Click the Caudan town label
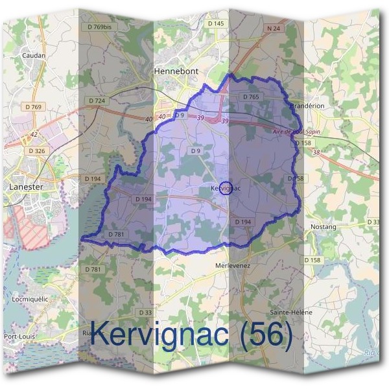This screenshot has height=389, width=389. pyautogui.click(x=34, y=56)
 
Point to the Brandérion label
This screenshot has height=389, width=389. pyautogui.click(x=307, y=105)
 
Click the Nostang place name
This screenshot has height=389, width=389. pyautogui.click(x=323, y=227)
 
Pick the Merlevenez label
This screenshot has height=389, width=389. pyautogui.click(x=232, y=266)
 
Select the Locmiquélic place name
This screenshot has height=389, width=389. pyautogui.click(x=30, y=300)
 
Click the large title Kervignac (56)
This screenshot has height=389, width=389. pyautogui.click(x=191, y=335)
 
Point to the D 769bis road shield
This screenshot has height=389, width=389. pyautogui.click(x=99, y=27)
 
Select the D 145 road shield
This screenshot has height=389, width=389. pyautogui.click(x=215, y=23)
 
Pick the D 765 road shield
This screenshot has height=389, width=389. pyautogui.click(x=251, y=97)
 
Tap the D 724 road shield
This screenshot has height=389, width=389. pyautogui.click(x=96, y=100)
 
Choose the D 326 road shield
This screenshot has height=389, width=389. pyautogui.click(x=37, y=150)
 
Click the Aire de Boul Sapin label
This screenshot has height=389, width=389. pyautogui.click(x=297, y=132)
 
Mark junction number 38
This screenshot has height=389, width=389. pyautogui.click(x=316, y=152)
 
